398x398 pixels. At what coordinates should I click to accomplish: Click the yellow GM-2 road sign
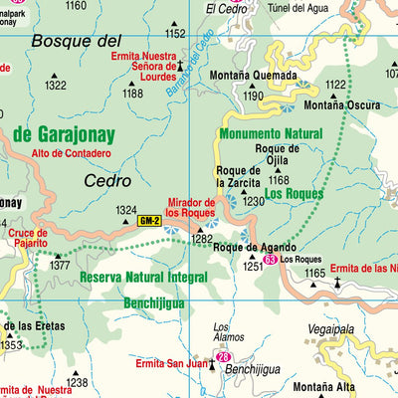149,221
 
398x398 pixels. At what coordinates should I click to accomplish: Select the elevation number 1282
202,240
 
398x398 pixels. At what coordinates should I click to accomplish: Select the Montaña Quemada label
254,76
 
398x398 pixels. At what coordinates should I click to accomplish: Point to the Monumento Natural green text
271,132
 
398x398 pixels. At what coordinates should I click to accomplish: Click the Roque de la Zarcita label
239,175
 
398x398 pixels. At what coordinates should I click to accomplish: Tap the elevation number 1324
126,210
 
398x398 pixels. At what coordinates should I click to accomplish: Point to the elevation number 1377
61,266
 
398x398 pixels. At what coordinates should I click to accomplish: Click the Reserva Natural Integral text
145,278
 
